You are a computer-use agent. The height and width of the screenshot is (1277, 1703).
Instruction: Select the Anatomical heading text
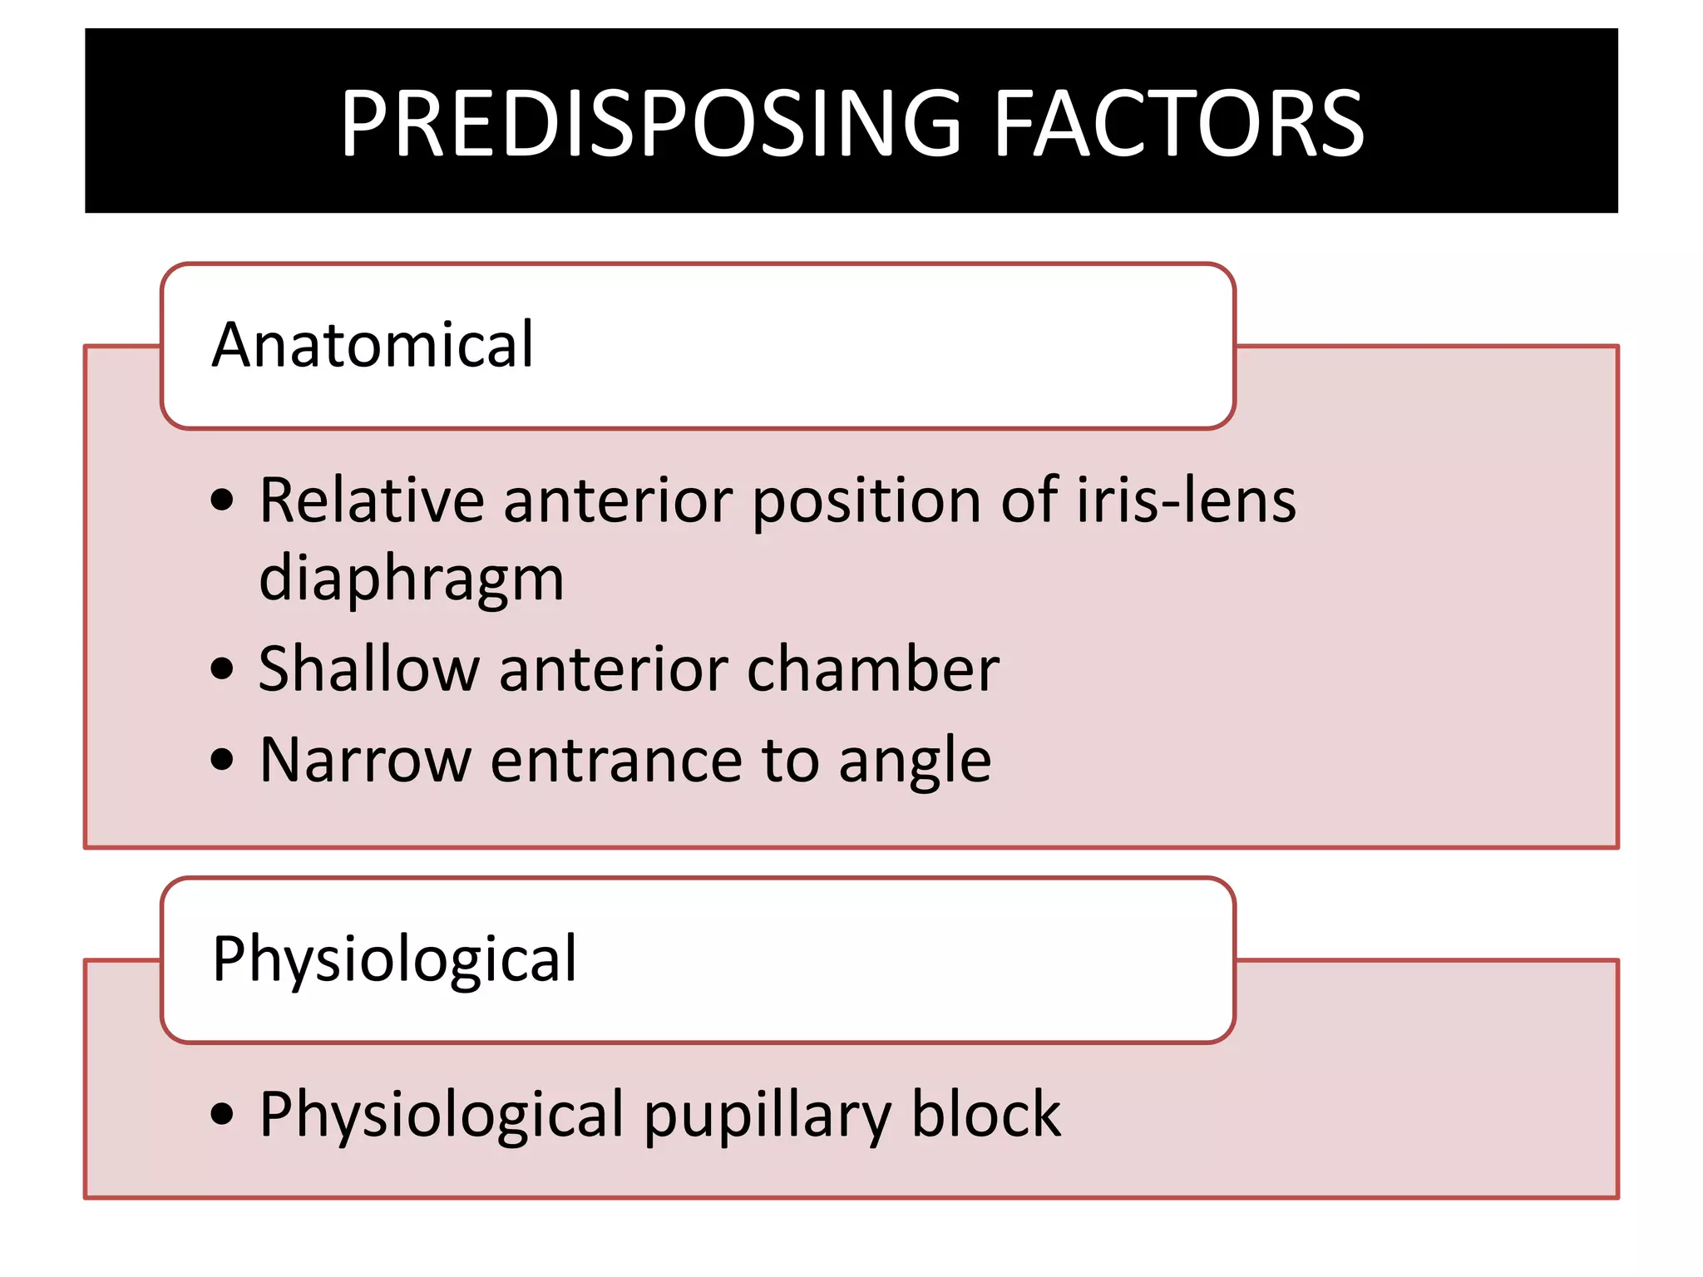(x=373, y=345)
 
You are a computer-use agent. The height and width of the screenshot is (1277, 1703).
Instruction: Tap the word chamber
(x=872, y=669)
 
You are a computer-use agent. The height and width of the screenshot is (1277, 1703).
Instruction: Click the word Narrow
(x=365, y=761)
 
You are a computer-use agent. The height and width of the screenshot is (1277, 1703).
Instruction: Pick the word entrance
(x=615, y=761)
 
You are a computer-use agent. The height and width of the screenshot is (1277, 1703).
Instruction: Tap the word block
(x=985, y=1114)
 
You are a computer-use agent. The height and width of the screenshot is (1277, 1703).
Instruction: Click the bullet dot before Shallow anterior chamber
(x=222, y=668)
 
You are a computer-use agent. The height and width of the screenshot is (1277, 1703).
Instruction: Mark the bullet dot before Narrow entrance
(x=222, y=760)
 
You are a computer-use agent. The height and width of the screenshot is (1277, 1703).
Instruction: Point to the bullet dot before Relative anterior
(x=222, y=500)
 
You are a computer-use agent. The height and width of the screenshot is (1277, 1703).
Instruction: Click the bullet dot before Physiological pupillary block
(x=222, y=1114)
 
